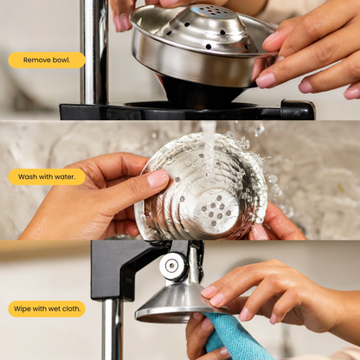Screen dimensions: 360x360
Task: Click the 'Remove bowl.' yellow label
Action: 47,60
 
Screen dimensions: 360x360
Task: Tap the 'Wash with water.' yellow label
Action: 47,177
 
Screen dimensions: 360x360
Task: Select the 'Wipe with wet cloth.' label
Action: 47,309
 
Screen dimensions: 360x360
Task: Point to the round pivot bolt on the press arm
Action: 172,266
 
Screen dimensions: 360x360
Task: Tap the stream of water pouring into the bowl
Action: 209,149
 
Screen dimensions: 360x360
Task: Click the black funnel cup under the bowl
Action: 202,93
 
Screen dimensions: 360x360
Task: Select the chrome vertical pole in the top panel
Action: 94,52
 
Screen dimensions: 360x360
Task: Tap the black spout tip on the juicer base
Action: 297,109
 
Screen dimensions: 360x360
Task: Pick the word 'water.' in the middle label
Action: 65,177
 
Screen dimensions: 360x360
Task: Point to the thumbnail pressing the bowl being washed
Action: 157,178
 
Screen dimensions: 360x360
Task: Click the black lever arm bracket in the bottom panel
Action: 121,270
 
